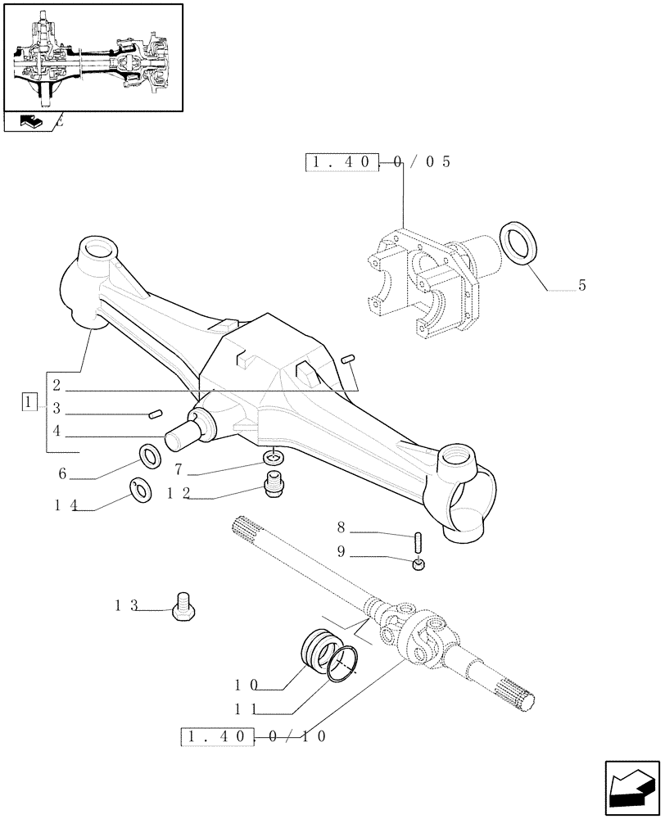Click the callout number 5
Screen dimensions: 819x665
pos(581,285)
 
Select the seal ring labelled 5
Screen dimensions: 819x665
pos(518,242)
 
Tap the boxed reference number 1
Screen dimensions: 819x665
pos(29,402)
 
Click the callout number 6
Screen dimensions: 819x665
pos(61,473)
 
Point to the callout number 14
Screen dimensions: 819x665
pos(66,506)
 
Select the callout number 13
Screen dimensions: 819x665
pos(127,606)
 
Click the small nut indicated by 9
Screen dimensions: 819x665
pos(418,564)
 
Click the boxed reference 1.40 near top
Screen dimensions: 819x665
pos(342,161)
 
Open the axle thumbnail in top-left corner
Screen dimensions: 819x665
pos(93,57)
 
